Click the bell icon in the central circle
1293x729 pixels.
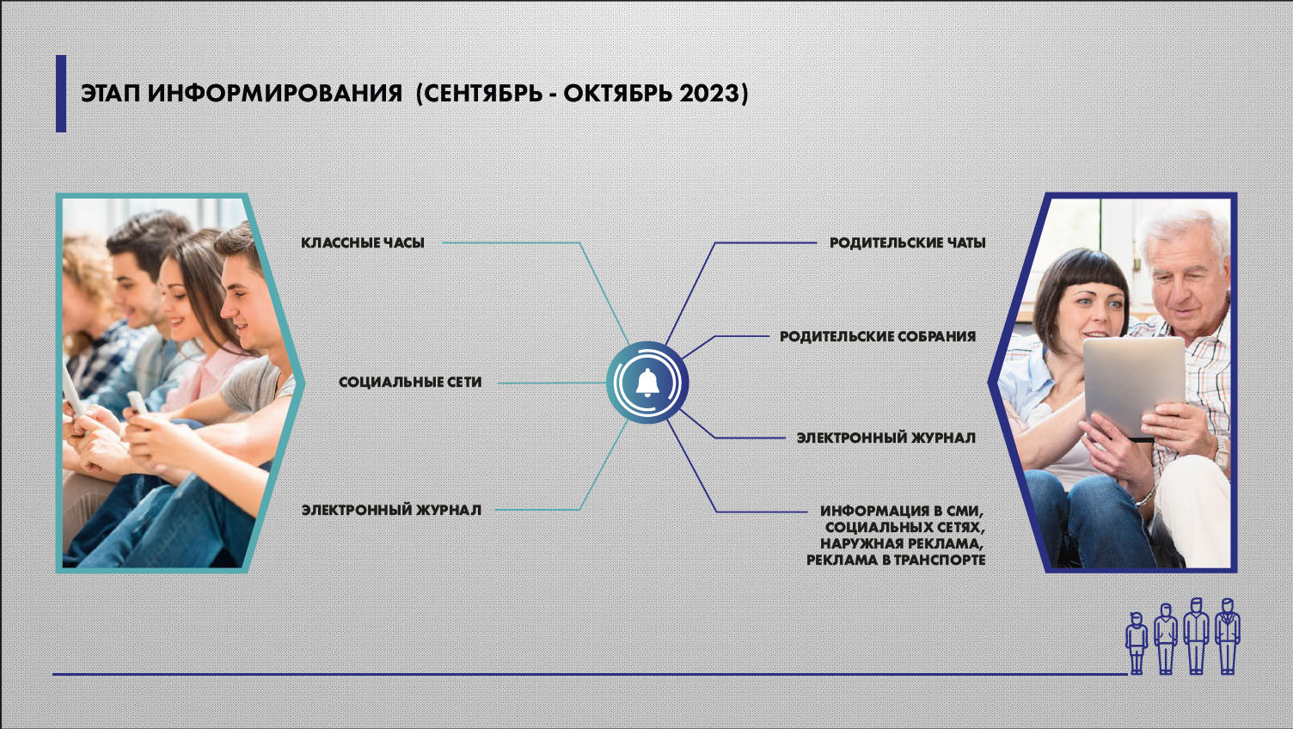pyautogui.click(x=647, y=383)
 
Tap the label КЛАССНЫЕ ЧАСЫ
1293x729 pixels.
pyautogui.click(x=363, y=243)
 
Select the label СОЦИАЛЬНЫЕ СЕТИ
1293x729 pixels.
pyautogui.click(x=410, y=382)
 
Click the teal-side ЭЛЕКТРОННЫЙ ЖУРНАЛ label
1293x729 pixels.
pyautogui.click(x=391, y=511)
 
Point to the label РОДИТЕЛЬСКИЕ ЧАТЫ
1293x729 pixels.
pyautogui.click(x=907, y=243)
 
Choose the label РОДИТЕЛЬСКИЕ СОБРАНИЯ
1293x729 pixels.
pyautogui.click(x=878, y=336)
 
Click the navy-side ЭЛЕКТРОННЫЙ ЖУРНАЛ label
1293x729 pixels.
pyautogui.click(x=886, y=438)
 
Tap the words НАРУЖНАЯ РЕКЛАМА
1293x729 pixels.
pyautogui.click(x=901, y=543)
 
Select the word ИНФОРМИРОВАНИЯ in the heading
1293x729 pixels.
pyautogui.click(x=275, y=94)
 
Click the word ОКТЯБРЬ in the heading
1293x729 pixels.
pyautogui.click(x=617, y=94)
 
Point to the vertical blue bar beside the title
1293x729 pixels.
pyautogui.click(x=60, y=94)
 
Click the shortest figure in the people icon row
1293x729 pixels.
pyautogui.click(x=1137, y=643)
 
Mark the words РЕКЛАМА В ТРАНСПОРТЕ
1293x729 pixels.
pyautogui.click(x=896, y=560)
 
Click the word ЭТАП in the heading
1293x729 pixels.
pyautogui.click(x=110, y=94)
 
